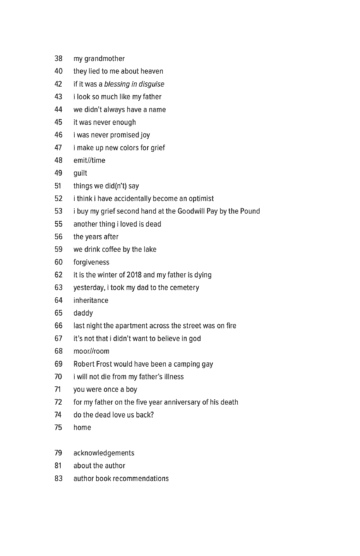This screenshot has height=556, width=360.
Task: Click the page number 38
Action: (x=58, y=58)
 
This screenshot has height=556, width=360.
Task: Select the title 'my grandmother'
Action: (x=100, y=58)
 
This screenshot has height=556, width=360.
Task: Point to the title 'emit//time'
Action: (x=92, y=160)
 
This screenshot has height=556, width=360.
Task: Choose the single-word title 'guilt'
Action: (x=81, y=173)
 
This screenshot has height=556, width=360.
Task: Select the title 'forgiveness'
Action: (x=95, y=262)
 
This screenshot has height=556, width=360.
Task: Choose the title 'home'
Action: (x=82, y=428)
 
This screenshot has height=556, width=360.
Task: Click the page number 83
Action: (x=58, y=479)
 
